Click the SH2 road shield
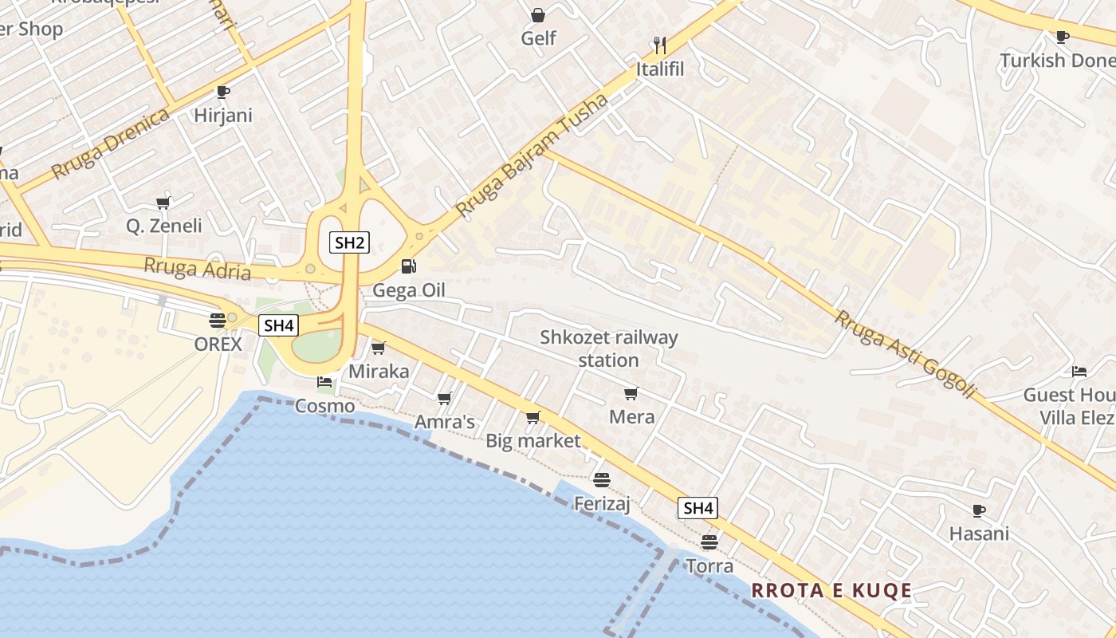(x=349, y=242)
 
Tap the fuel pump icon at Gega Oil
(x=408, y=266)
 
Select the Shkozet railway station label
(x=609, y=349)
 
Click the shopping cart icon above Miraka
(x=379, y=348)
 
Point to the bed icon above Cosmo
(x=324, y=382)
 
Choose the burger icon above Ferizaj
(x=602, y=479)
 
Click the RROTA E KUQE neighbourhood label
(x=831, y=590)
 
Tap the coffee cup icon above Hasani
(x=979, y=510)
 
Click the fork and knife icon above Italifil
(x=659, y=45)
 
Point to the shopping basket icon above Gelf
(x=538, y=15)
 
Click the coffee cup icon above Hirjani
(x=223, y=92)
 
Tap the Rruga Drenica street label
(x=111, y=144)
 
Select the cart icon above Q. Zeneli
(x=163, y=203)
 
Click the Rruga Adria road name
(x=197, y=269)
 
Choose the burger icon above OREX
(x=218, y=321)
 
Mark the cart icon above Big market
(x=533, y=417)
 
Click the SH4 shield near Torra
(x=697, y=508)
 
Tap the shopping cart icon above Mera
(x=631, y=393)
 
